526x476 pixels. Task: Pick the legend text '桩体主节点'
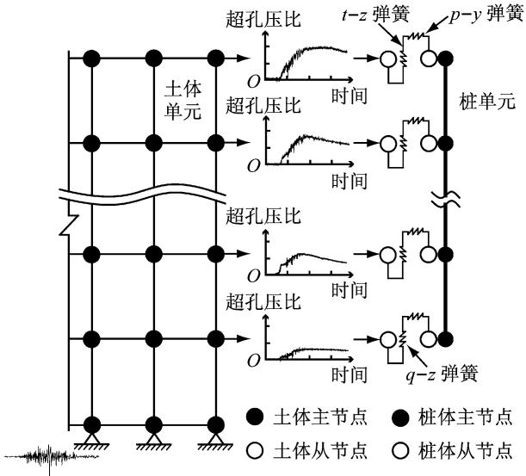coord(473,418)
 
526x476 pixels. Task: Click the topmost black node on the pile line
coord(444,59)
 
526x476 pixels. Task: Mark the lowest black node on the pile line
coord(444,337)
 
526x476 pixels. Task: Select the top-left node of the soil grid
coord(93,59)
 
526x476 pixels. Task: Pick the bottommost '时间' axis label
coord(353,375)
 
